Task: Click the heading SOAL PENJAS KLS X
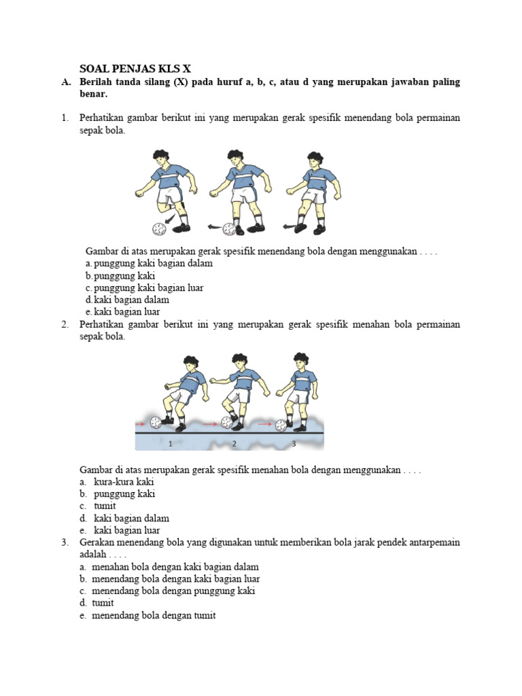point(135,69)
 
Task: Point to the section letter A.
point(65,82)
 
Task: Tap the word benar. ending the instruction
point(94,94)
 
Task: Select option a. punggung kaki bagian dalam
point(149,263)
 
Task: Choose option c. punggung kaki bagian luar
point(144,288)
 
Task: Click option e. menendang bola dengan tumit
point(147,616)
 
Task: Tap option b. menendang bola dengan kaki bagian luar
point(169,579)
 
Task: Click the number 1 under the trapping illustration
point(171,444)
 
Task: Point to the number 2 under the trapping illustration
point(234,444)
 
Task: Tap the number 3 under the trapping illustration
point(294,444)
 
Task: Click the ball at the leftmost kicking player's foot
point(159,228)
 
